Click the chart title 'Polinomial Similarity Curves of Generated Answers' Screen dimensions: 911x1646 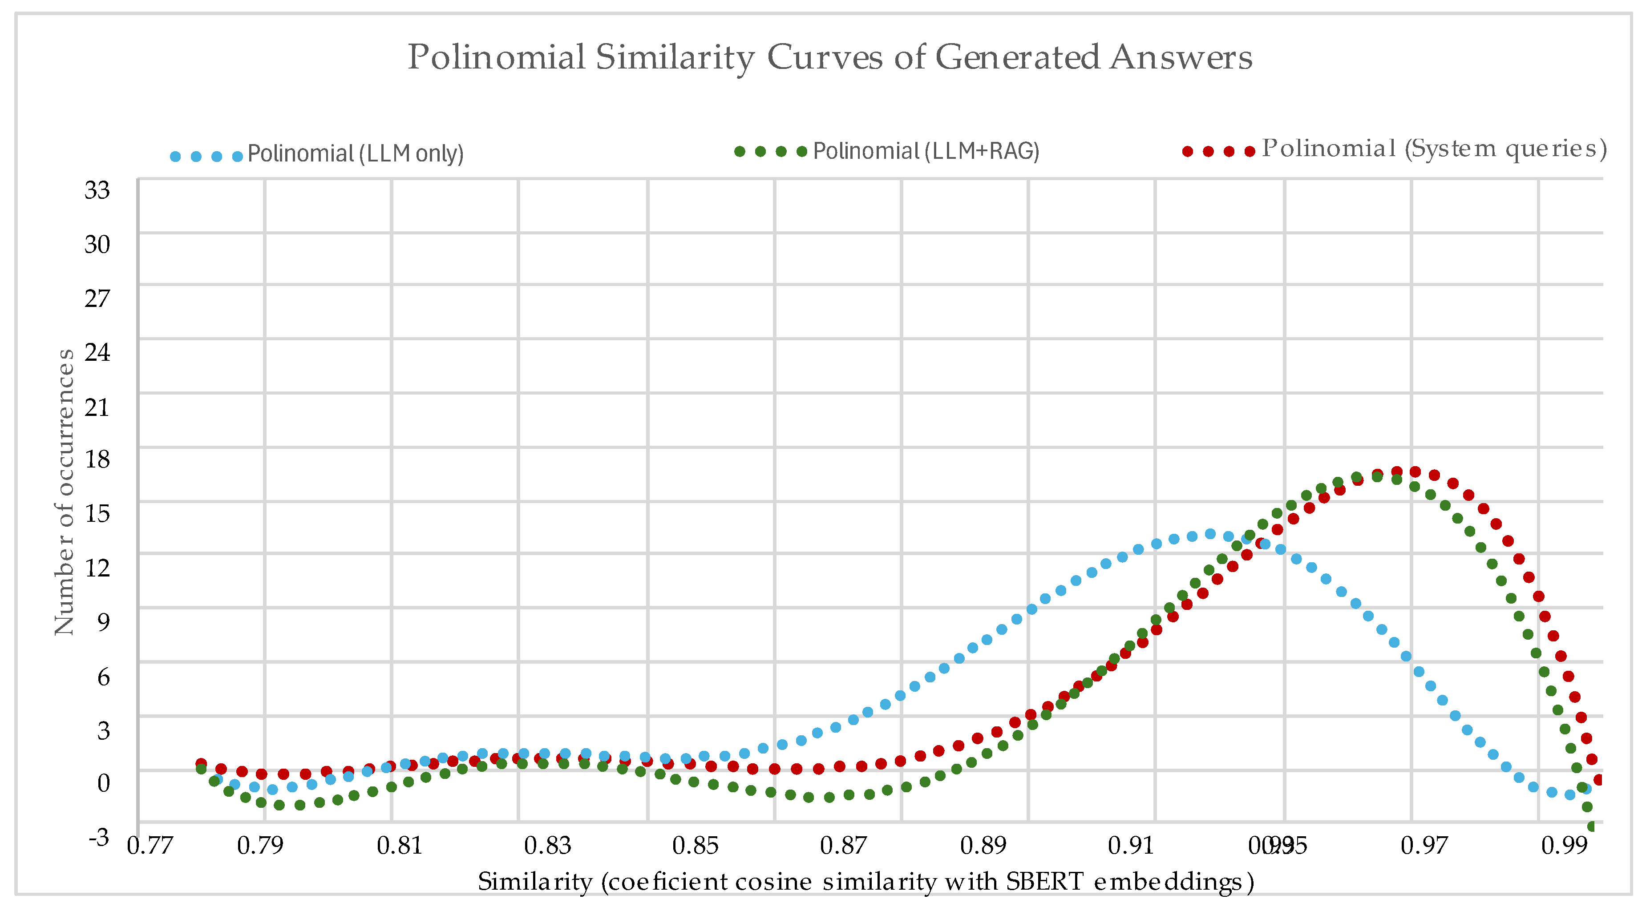[829, 57]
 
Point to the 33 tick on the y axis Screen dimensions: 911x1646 [97, 190]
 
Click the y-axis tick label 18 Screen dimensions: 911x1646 [97, 459]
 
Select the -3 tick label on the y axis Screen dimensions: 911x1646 [99, 836]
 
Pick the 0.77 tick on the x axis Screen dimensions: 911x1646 [150, 845]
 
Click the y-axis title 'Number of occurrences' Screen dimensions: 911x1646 [64, 492]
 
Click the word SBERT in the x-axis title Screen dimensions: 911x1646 [1044, 882]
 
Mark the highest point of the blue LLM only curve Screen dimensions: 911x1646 [1209, 533]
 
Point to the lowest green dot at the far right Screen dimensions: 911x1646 [1592, 826]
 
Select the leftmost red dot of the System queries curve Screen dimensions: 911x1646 [201, 763]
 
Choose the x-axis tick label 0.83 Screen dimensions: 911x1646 [547, 845]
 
